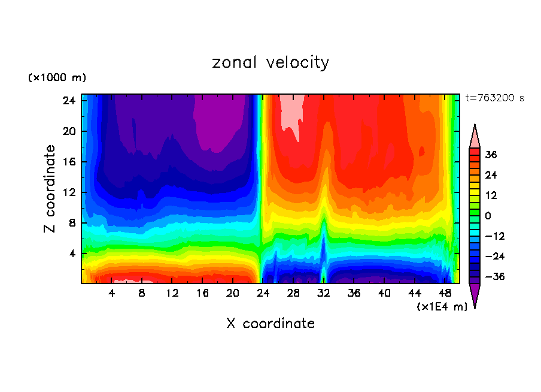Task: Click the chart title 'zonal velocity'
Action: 270,62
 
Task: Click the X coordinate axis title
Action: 270,324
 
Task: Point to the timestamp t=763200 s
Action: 494,98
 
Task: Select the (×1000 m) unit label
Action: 57,78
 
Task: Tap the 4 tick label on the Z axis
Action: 70,254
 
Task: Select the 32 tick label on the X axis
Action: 323,294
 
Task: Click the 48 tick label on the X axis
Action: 445,294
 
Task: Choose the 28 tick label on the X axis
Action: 293,294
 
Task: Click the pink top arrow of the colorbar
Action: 475,136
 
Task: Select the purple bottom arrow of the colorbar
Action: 475,294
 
